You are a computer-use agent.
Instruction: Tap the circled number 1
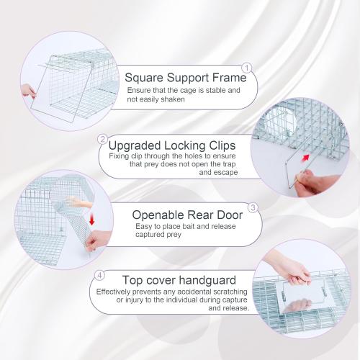pos(246,68)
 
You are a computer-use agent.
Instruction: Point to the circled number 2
pos(103,138)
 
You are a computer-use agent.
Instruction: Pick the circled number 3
pos(253,207)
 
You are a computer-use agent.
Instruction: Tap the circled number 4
pos(100,274)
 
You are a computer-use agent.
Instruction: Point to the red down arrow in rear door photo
pos(91,218)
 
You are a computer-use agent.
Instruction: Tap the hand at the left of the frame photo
pos(28,91)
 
